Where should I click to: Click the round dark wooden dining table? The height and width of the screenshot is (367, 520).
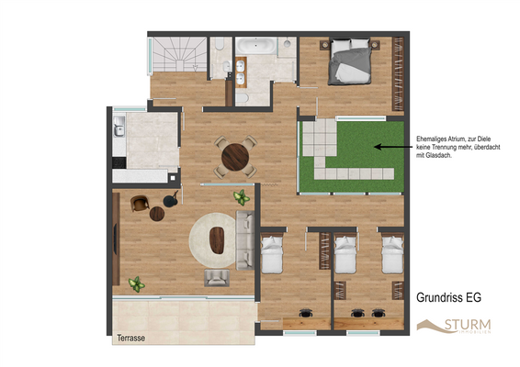click(235, 157)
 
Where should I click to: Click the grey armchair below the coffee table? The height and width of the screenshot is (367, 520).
click(219, 278)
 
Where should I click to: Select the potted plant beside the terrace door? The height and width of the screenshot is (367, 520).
click(137, 284)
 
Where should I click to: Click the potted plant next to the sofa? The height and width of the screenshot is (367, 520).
click(242, 196)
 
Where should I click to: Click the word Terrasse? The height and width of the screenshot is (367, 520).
click(130, 339)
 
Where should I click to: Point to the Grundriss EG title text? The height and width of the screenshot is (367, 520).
click(449, 297)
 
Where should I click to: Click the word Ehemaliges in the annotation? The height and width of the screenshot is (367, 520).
click(435, 130)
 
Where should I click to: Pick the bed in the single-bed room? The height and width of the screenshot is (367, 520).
click(274, 256)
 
